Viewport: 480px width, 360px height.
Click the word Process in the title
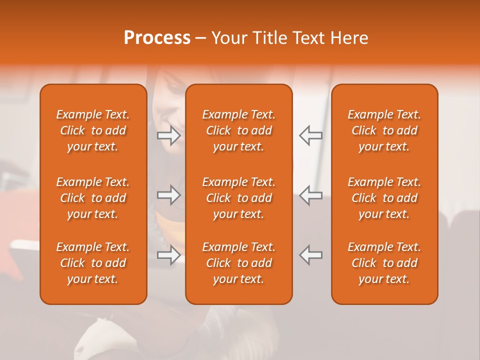tap(157, 38)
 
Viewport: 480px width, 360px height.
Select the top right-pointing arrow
tap(169, 135)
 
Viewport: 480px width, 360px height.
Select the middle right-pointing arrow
tap(169, 195)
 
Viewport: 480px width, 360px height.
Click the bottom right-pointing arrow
tap(169, 255)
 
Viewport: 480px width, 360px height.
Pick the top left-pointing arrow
tap(310, 135)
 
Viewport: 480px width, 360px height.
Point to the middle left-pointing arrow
tap(310, 195)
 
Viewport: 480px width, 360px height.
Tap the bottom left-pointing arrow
tap(310, 255)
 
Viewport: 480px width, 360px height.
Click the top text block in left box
tap(93, 130)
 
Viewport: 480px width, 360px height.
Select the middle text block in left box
tap(93, 198)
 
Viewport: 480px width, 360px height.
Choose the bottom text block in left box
tap(93, 263)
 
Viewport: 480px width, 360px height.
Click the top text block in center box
tap(239, 130)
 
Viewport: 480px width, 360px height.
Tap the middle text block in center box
tap(239, 198)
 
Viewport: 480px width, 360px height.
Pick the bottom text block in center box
tap(239, 263)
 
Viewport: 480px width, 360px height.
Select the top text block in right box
tap(384, 130)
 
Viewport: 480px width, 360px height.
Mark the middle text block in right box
tap(384, 198)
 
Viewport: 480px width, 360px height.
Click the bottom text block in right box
tap(384, 263)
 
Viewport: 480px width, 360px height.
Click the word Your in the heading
tap(229, 38)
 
